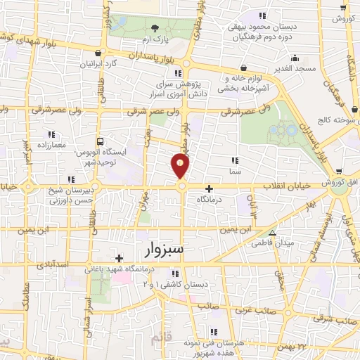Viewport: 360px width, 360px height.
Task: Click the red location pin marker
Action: point(181,167)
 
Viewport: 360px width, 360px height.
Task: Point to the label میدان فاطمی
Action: point(273,243)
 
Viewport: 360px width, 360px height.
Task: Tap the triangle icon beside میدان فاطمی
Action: point(273,233)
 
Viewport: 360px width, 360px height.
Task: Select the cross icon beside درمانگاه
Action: point(209,188)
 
